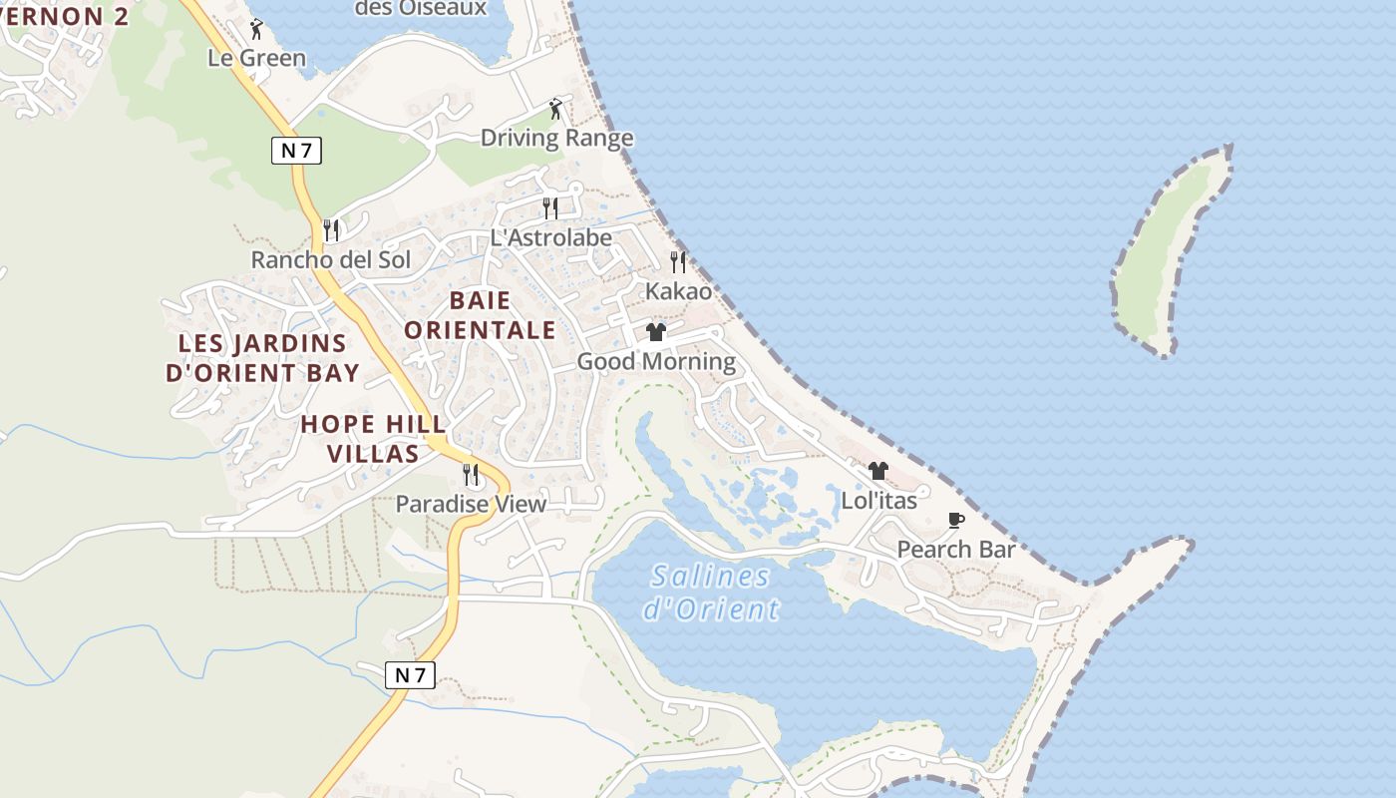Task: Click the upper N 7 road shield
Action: pos(296,151)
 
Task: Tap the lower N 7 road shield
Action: pos(410,674)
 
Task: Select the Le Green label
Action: pos(256,58)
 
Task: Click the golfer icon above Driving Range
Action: pos(555,109)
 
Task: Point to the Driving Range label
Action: pos(556,138)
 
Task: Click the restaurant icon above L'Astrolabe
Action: pos(549,207)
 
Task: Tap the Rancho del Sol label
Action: pos(330,259)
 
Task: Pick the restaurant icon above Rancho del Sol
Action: pos(331,230)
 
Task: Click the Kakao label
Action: pos(678,291)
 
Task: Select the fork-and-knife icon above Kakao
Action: pos(678,262)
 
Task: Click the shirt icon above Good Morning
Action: pos(655,332)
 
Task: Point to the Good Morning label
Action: pos(656,361)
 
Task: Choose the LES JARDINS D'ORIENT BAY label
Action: pos(262,358)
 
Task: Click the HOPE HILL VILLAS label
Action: pos(373,439)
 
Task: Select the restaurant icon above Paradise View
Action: pos(471,475)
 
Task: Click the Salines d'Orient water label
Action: pos(710,592)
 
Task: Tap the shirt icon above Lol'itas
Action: pos(877,471)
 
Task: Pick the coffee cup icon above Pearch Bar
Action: pos(955,520)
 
